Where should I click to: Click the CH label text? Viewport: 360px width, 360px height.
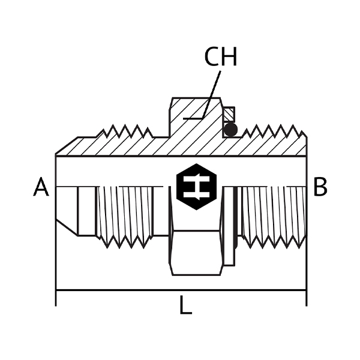(x=220, y=57)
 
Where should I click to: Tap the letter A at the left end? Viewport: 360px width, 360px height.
(x=41, y=187)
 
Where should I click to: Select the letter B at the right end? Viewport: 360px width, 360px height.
(x=320, y=187)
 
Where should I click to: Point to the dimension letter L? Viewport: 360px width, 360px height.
(x=185, y=305)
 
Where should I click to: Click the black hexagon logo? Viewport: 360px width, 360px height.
(x=196, y=187)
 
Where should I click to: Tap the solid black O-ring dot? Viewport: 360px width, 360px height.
(x=230, y=130)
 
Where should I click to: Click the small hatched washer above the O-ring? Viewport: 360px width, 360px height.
(x=229, y=114)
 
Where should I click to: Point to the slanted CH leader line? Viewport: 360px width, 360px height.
(x=211, y=95)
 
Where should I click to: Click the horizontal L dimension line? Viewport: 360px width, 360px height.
(x=181, y=290)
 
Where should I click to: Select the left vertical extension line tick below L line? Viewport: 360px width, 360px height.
(x=56, y=298)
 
